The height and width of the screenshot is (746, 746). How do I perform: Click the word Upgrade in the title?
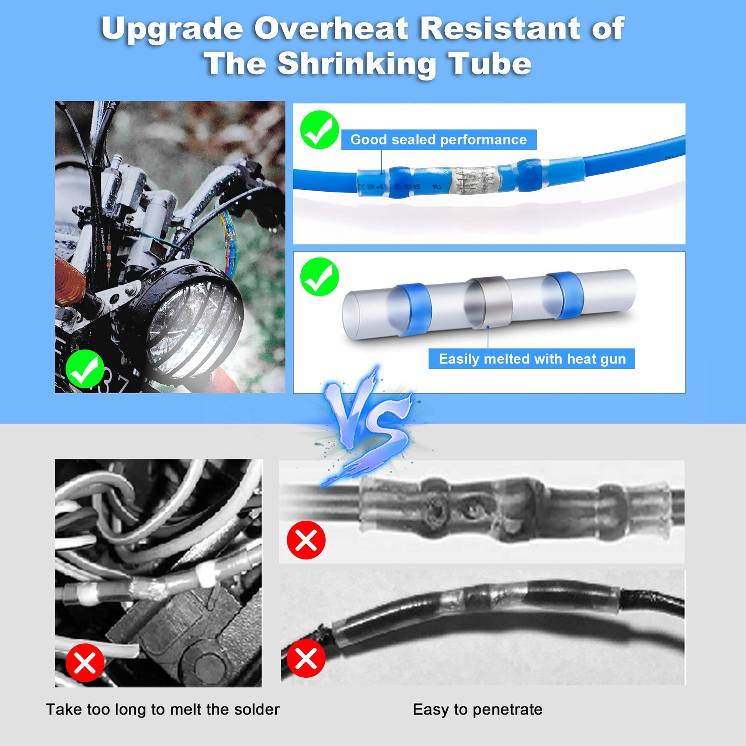tap(172, 30)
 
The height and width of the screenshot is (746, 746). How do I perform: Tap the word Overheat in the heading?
tap(331, 29)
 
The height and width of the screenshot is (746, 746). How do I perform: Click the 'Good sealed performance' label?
tap(438, 140)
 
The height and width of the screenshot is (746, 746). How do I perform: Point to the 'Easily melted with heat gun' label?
tap(532, 359)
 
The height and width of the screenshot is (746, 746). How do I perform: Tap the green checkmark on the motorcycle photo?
tap(85, 369)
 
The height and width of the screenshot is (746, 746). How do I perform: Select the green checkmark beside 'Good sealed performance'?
tap(319, 130)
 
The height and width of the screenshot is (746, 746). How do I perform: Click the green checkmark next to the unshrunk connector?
tap(319, 277)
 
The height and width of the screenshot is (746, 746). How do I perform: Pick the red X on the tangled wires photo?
tap(85, 664)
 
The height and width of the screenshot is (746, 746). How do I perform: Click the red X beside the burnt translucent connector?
tap(306, 539)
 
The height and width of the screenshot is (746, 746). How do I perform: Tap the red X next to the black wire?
tap(306, 658)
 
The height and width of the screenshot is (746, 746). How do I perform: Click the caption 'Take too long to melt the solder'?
tap(163, 709)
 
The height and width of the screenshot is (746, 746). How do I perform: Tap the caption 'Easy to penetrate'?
tap(478, 709)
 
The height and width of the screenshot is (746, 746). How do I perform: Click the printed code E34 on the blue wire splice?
tap(367, 187)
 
